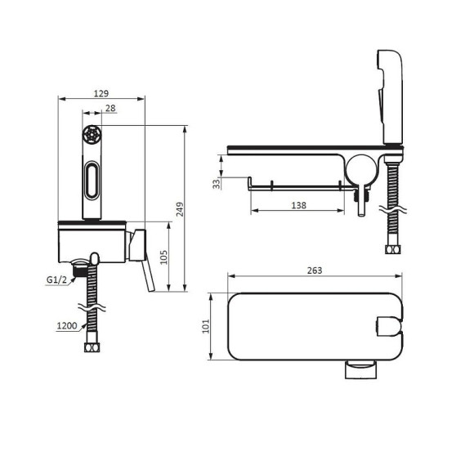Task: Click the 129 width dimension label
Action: point(101,94)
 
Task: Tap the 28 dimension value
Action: point(110,108)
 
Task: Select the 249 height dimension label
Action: point(180,209)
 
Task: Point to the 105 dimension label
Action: point(163,257)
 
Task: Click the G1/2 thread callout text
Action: point(56,280)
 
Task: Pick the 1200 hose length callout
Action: point(67,326)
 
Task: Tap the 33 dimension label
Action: point(217,184)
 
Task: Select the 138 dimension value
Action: point(298,206)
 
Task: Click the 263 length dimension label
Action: point(315,271)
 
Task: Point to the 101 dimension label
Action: point(206,326)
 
